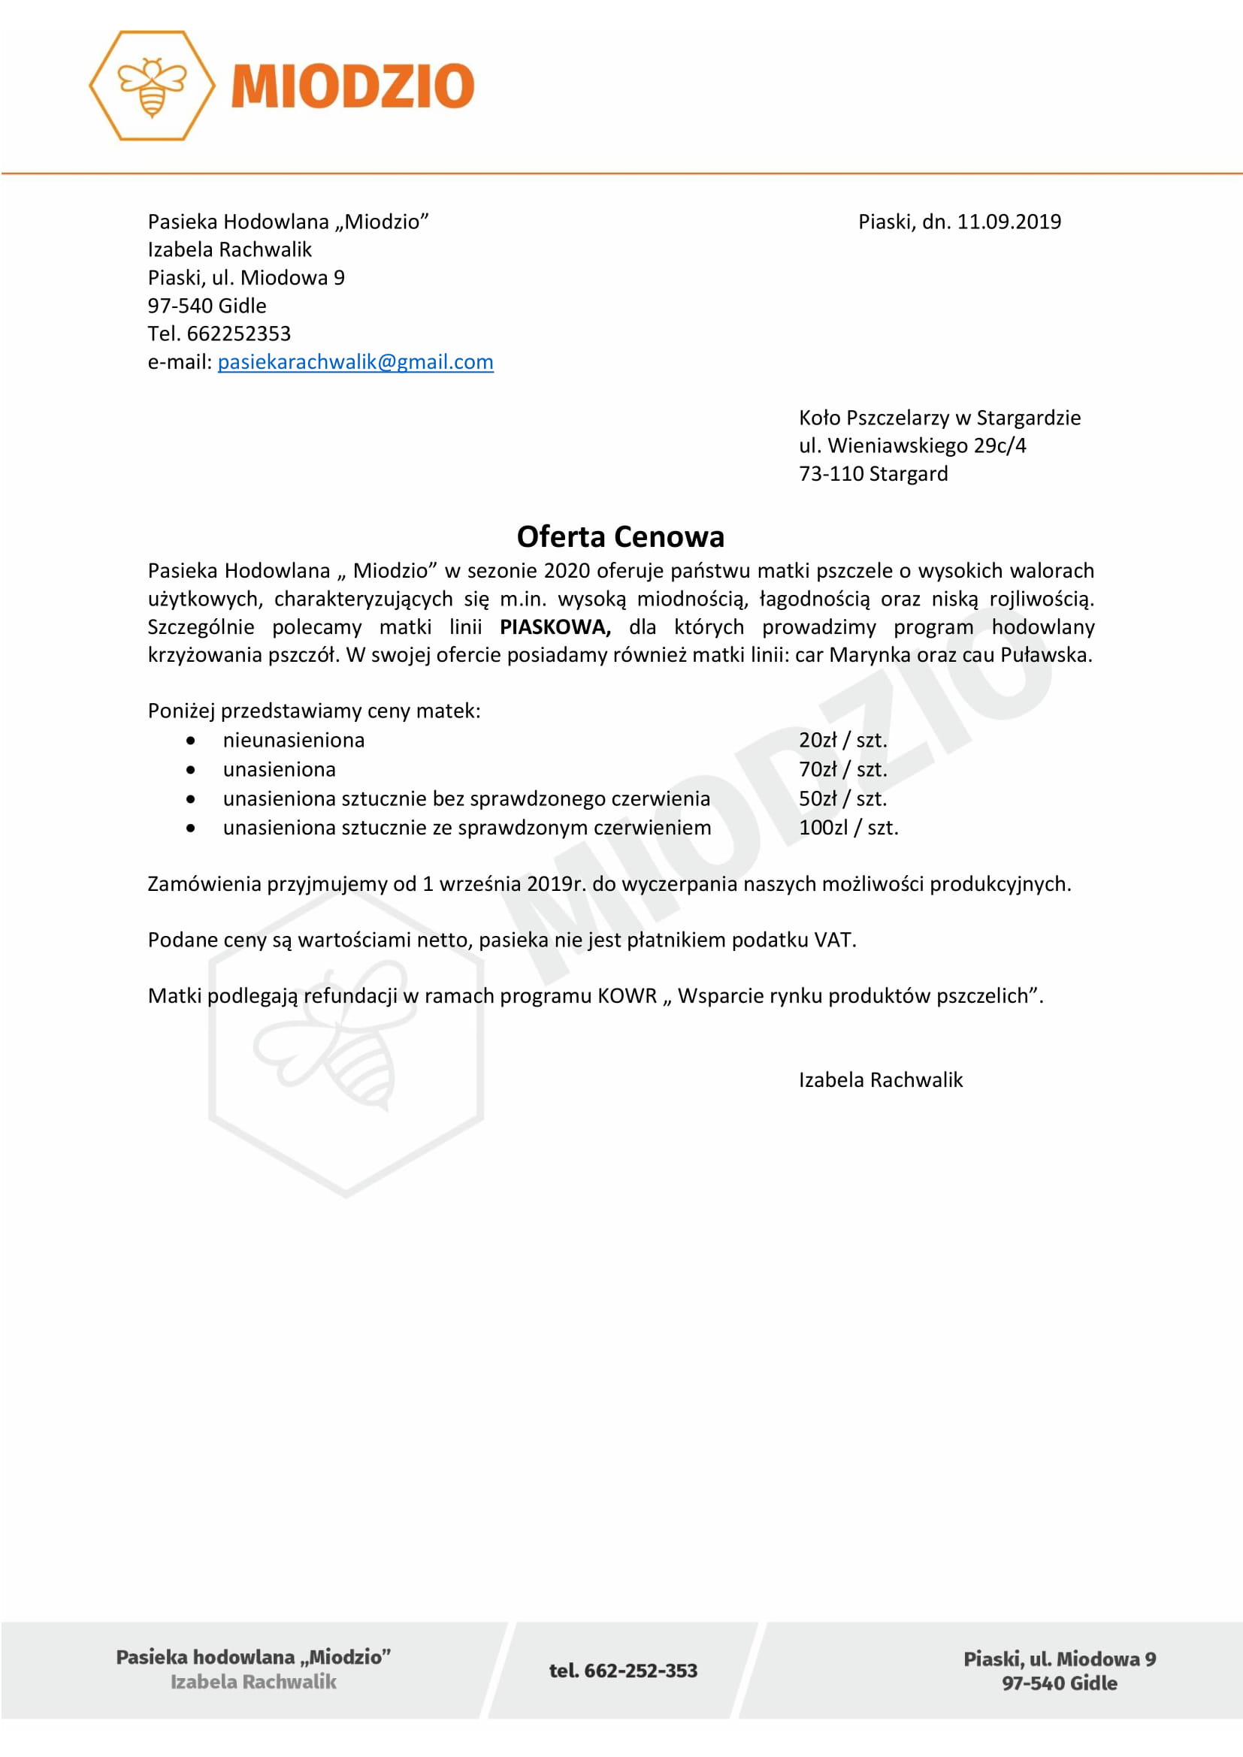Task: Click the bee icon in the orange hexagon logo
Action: [x=152, y=86]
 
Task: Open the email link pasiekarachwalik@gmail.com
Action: [x=355, y=362]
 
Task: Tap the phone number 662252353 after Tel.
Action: [x=239, y=334]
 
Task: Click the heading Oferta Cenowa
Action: [x=620, y=536]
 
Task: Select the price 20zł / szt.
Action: [x=842, y=740]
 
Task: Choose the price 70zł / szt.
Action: [x=842, y=769]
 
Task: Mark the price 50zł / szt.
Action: [x=842, y=798]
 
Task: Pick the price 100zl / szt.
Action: [x=848, y=827]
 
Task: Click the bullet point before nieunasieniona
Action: [x=191, y=741]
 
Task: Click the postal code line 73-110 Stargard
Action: [x=873, y=474]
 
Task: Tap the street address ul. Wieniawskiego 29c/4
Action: [x=912, y=445]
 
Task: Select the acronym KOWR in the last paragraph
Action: [x=627, y=995]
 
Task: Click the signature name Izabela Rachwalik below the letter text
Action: [x=880, y=1079]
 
